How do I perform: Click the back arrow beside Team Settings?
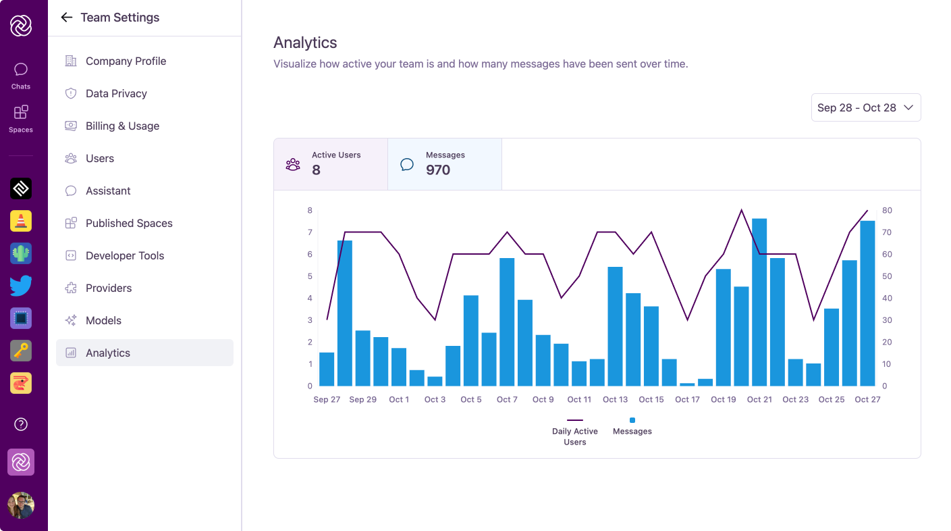coord(66,18)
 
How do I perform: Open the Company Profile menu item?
coord(126,61)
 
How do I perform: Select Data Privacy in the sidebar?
coord(116,93)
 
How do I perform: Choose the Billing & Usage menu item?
coord(122,126)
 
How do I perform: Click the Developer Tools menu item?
coord(125,255)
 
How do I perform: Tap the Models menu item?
coord(103,320)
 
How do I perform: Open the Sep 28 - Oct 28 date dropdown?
coord(865,107)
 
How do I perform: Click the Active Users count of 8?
coord(316,170)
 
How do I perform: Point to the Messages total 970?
coord(438,170)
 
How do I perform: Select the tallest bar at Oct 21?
coord(759,302)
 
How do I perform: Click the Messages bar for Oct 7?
coord(507,322)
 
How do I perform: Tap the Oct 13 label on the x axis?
coord(615,399)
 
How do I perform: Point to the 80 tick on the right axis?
coord(887,211)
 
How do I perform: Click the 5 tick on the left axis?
coord(310,276)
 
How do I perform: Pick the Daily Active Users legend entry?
coord(575,430)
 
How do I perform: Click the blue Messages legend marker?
coord(632,420)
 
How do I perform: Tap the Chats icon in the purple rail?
coord(21,70)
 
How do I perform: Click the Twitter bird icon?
coord(21,286)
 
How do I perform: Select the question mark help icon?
coord(21,424)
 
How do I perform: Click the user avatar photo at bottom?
coord(21,505)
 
